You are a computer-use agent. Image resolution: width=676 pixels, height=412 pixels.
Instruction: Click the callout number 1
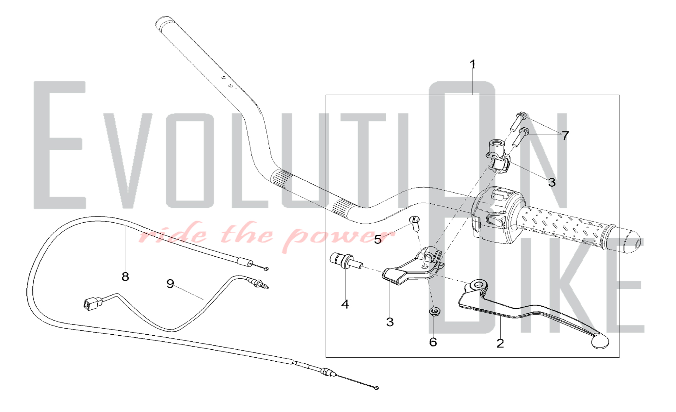point(473,64)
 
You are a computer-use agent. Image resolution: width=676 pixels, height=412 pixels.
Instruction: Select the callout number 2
point(500,343)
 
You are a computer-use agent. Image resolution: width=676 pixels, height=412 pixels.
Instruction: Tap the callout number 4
point(345,304)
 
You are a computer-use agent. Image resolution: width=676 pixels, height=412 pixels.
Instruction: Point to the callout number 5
point(378,239)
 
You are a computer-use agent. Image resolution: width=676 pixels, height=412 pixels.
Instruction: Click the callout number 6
point(433,342)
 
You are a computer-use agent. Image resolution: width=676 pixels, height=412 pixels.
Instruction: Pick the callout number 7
point(565,136)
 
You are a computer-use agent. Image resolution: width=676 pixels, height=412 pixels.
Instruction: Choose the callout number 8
point(125,277)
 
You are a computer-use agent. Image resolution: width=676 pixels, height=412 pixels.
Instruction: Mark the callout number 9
point(170,283)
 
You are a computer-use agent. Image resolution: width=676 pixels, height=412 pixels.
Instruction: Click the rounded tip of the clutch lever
point(600,342)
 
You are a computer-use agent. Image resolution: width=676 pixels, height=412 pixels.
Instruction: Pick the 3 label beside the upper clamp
point(552,183)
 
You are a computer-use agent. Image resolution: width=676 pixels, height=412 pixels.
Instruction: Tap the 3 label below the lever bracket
point(390,322)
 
